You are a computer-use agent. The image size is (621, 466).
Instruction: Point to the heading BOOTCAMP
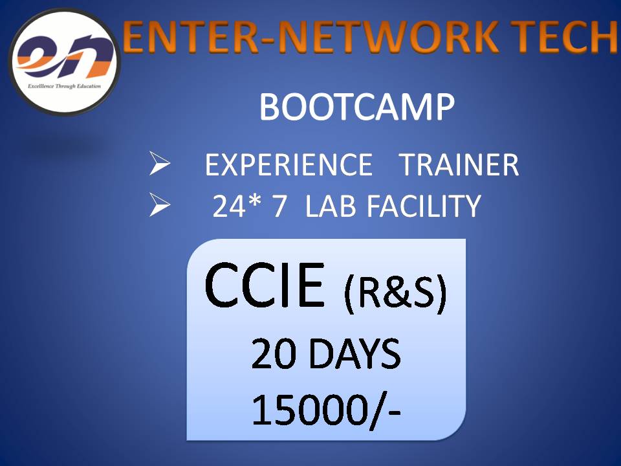click(x=356, y=108)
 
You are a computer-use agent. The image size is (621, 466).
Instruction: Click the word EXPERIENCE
click(x=289, y=166)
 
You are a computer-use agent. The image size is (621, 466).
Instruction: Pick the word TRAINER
click(x=459, y=166)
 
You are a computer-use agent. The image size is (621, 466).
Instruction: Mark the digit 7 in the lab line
click(x=279, y=206)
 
